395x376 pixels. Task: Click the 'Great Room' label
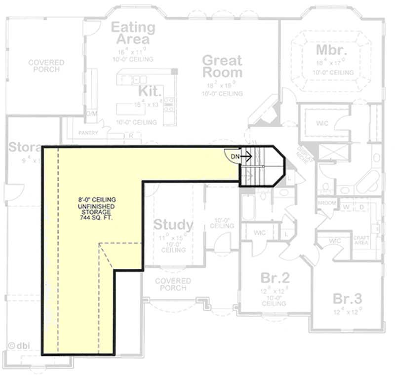[x=222, y=67]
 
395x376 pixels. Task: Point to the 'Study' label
[x=173, y=225]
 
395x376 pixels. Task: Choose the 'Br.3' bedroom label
[x=347, y=299]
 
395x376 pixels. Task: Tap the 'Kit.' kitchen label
[x=150, y=91]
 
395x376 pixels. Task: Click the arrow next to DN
[x=246, y=156]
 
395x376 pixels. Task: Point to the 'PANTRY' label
[x=88, y=133]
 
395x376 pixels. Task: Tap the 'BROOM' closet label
[x=326, y=203]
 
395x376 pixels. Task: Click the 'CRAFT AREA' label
[x=361, y=240]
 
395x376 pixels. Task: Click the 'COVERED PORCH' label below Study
[x=173, y=284]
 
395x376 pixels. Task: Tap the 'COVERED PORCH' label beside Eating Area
[x=46, y=66]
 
